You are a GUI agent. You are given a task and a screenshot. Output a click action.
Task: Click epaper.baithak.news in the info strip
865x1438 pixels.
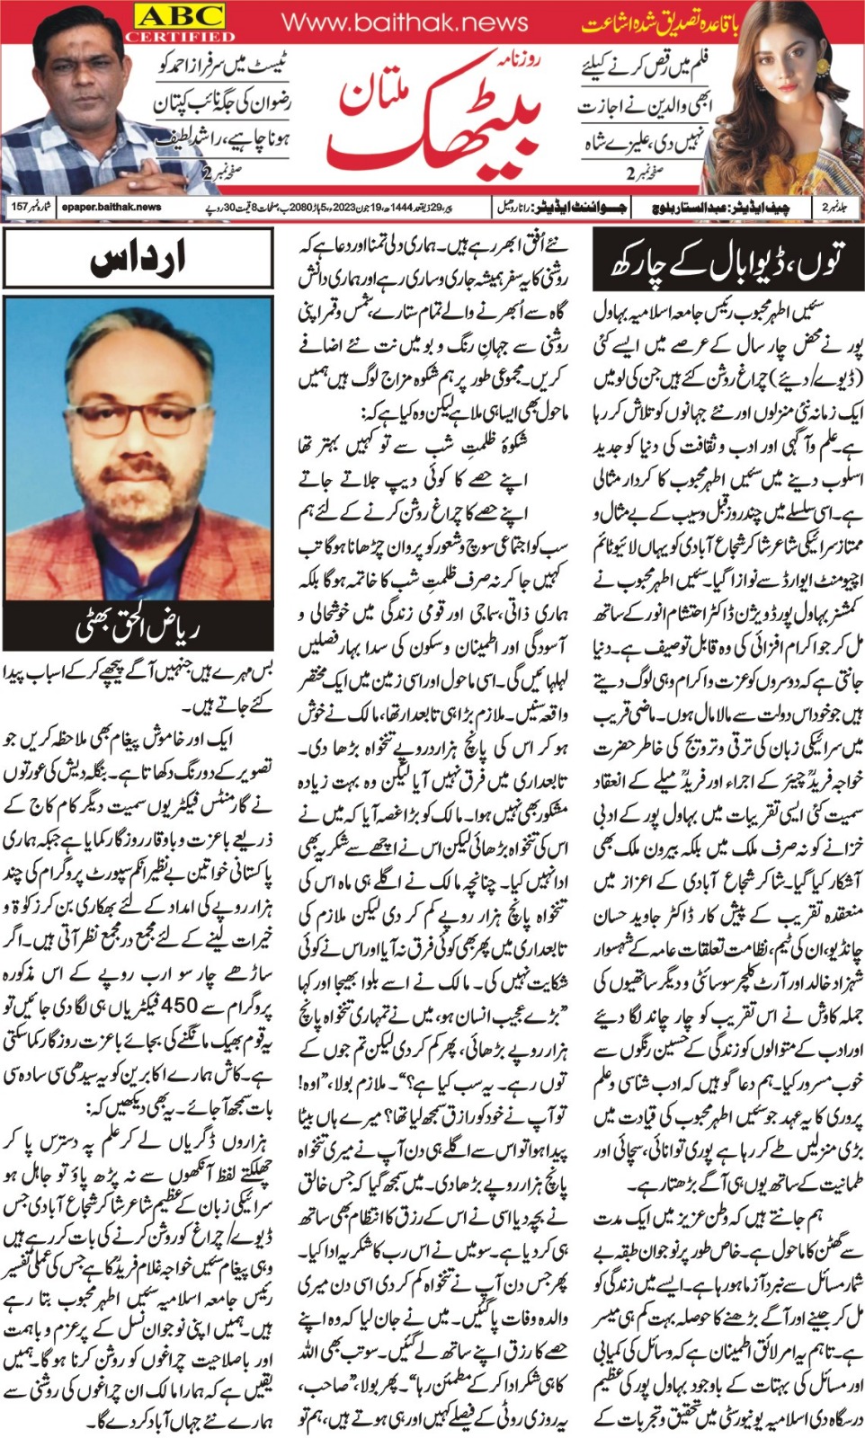click(x=111, y=207)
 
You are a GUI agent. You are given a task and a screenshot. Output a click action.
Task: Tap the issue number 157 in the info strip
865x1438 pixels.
click(x=20, y=207)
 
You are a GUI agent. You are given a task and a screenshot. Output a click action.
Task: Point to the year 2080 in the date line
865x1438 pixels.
click(x=276, y=207)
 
